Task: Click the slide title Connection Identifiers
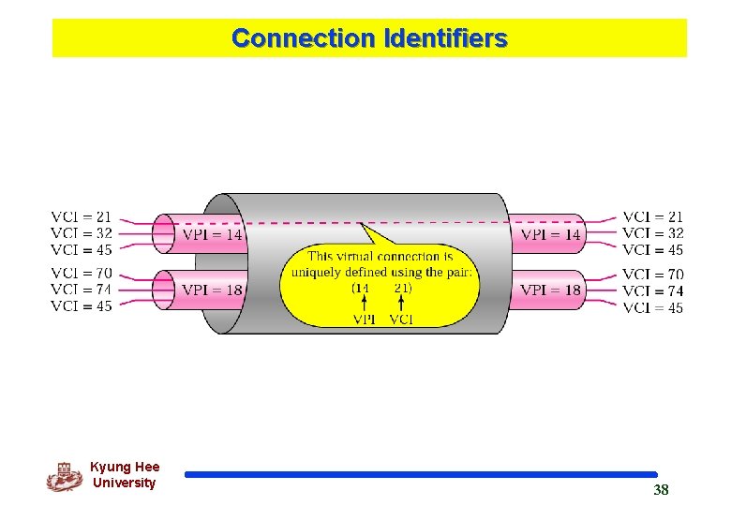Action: point(369,38)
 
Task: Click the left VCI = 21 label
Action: point(81,217)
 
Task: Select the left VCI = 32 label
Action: point(81,233)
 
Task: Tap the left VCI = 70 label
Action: point(81,274)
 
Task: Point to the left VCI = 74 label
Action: point(81,290)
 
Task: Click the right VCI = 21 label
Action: point(653,217)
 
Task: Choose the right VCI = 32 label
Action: point(653,233)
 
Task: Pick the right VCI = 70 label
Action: point(653,275)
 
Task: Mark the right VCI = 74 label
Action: point(653,290)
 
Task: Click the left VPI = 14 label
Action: point(212,234)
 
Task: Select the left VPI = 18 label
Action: point(212,290)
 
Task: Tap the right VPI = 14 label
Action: point(551,234)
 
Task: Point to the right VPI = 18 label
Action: point(551,290)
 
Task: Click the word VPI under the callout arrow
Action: point(365,319)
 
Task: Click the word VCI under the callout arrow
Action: point(401,319)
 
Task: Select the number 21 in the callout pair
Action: point(402,288)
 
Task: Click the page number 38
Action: point(661,490)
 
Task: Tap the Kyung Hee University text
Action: point(125,475)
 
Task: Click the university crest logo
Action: point(64,477)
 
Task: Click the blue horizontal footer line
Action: point(421,475)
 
